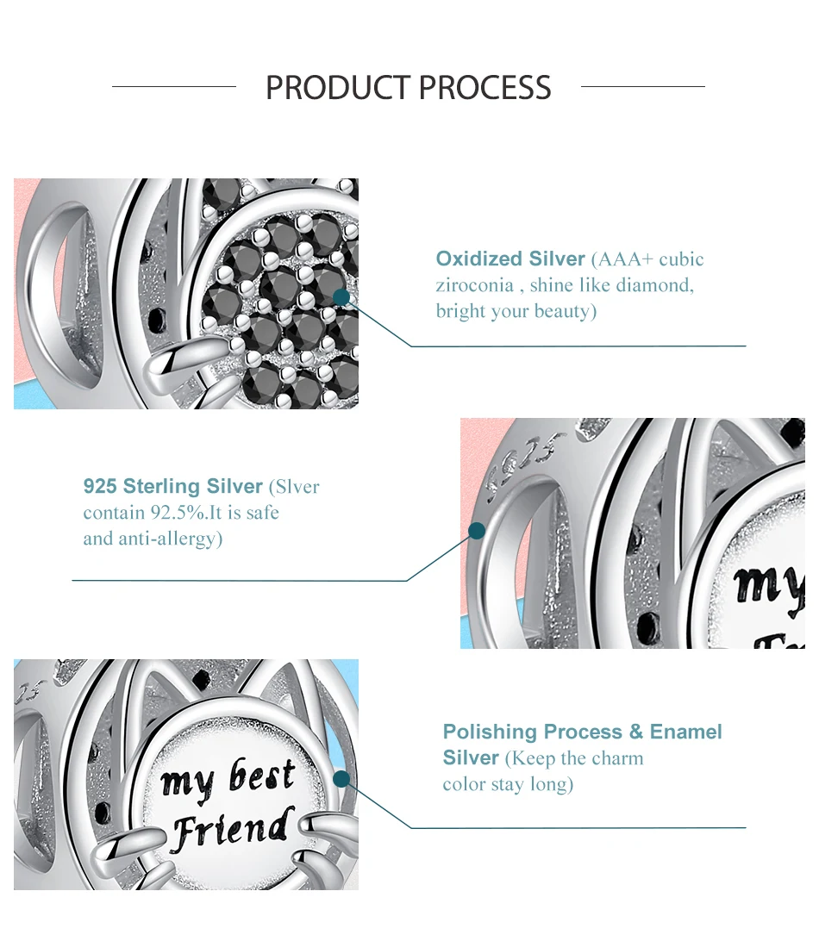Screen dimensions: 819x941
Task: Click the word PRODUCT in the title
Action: point(338,88)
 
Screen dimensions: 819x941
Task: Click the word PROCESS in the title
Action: point(485,88)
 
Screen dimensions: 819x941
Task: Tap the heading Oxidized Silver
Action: point(510,259)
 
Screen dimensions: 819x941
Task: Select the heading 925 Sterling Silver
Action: point(173,486)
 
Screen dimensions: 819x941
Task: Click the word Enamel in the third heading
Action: point(685,732)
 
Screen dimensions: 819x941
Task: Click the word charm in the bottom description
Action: point(616,758)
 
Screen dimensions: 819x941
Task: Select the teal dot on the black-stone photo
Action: point(341,297)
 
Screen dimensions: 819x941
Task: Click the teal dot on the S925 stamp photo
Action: point(477,531)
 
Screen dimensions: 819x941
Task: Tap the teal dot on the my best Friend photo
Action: point(341,779)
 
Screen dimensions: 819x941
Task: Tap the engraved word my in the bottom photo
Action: point(187,786)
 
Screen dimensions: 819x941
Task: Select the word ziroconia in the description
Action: point(475,285)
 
